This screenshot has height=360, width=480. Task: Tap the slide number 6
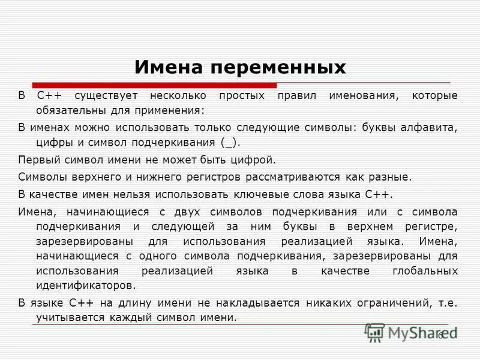pyautogui.click(x=440, y=335)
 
